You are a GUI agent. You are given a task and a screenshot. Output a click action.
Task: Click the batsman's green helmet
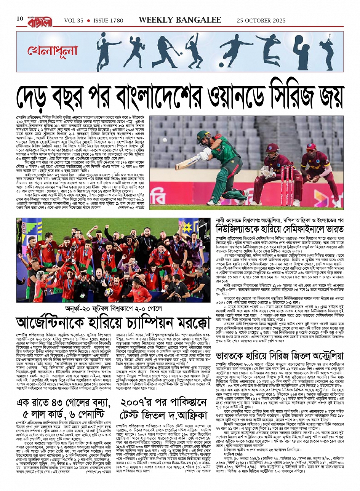click(202, 136)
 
